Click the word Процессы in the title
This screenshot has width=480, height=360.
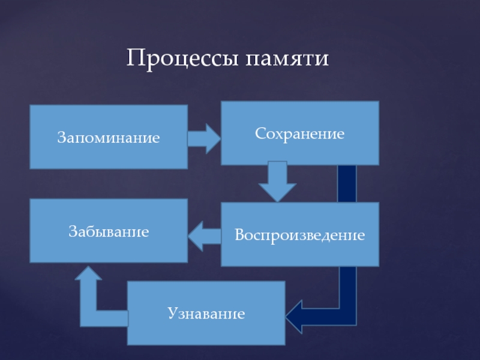[x=182, y=58]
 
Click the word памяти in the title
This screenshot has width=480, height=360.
[x=287, y=58]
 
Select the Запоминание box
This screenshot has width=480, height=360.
[x=109, y=137]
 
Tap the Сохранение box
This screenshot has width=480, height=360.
[x=300, y=133]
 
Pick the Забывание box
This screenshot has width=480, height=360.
[x=109, y=230]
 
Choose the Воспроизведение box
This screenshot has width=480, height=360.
[x=300, y=234]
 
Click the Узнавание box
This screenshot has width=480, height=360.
[x=206, y=313]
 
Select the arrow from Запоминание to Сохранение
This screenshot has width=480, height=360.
[x=204, y=139]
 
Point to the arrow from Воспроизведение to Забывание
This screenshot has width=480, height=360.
[x=205, y=236]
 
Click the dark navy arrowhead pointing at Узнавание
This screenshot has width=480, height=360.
[x=294, y=317]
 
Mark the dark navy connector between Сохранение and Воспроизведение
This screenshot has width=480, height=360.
[x=347, y=184]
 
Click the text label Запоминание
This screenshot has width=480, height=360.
[x=109, y=137]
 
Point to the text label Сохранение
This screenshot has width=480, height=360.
[x=299, y=134]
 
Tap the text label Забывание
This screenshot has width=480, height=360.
[x=109, y=231]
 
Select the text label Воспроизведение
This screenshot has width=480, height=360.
[x=300, y=235]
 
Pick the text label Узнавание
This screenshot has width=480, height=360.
[x=206, y=313]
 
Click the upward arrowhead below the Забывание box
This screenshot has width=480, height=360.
[x=88, y=273]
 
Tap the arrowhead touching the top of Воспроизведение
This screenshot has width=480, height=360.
[x=277, y=193]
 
